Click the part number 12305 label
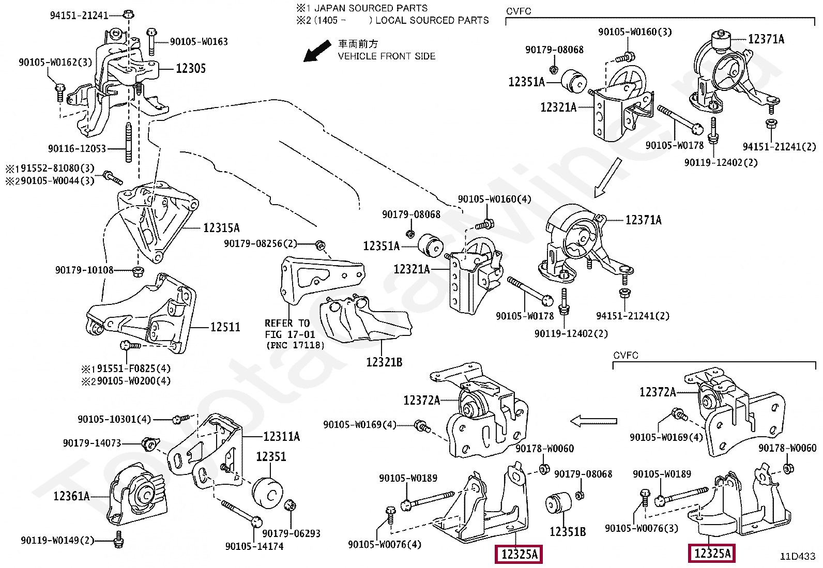pos(191,68)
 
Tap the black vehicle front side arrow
pos(317,51)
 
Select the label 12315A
pos(221,228)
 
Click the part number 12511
pos(225,327)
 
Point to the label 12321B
pos(384,362)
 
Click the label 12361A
pos(72,496)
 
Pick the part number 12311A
pos(282,437)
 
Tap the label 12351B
pos(568,532)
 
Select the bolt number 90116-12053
pos(77,149)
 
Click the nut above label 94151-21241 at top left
pos(129,14)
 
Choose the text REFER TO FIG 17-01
pos(289,329)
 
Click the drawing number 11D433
pos(798,557)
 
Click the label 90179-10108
pos(84,270)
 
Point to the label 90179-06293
pos(291,533)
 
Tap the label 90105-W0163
pos(199,42)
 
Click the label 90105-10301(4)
pos(114,419)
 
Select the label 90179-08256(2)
pos(261,243)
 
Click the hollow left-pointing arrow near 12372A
pos(593,421)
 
